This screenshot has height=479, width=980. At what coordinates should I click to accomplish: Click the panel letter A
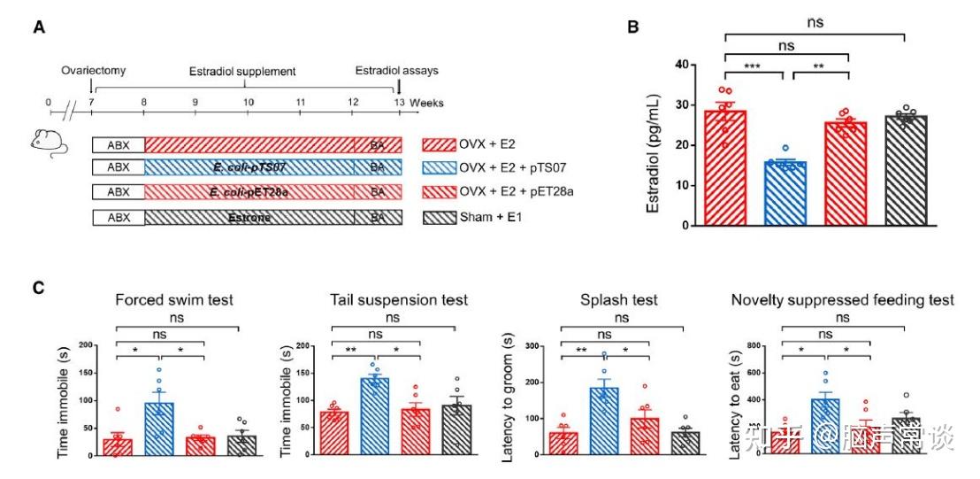click(40, 28)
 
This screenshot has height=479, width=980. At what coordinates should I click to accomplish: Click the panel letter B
click(633, 27)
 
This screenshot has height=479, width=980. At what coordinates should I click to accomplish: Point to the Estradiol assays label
click(396, 70)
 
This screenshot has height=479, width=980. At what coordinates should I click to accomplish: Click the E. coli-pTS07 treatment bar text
click(249, 168)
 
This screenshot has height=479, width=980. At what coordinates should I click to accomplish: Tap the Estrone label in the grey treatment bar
click(249, 218)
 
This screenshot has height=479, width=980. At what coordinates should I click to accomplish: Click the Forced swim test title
click(174, 300)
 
